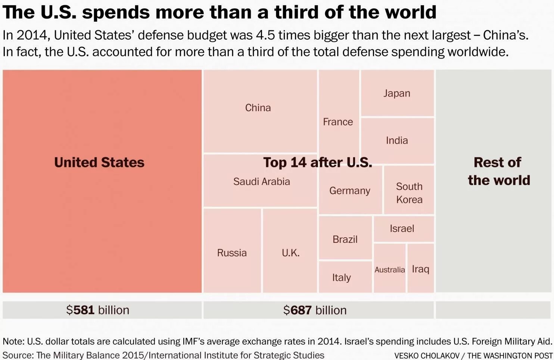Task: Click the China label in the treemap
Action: point(258,108)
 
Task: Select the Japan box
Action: point(397,93)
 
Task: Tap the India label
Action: point(397,141)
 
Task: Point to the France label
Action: point(338,122)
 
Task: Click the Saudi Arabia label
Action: point(261,182)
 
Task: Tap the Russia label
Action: point(232,253)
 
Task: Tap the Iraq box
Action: point(420,269)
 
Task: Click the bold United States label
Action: point(99,162)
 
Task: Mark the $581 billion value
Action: point(98,310)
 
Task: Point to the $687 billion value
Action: point(315,310)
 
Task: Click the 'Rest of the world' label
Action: point(499,171)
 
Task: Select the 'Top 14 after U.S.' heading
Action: point(317,162)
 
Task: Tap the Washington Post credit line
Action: point(473,356)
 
